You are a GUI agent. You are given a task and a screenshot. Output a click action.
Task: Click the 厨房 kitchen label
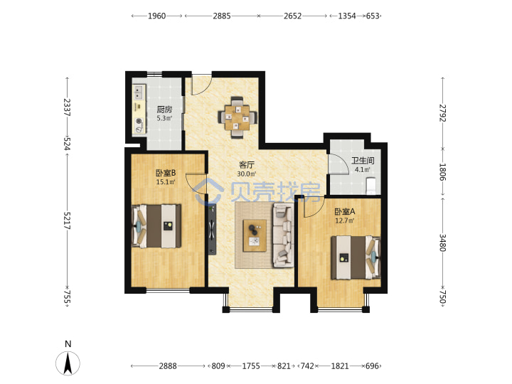(x=164, y=110)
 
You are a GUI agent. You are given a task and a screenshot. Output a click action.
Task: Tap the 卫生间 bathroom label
(x=363, y=161)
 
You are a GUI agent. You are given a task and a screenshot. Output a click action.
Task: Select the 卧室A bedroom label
(x=345, y=212)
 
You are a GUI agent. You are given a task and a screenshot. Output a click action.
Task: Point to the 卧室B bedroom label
(x=166, y=173)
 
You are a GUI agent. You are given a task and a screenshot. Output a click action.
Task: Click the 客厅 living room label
(x=247, y=165)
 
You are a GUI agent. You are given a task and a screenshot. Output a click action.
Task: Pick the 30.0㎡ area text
(x=247, y=174)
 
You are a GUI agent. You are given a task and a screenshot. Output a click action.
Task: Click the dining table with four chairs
(x=238, y=117)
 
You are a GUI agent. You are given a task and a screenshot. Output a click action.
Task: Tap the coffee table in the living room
(x=255, y=235)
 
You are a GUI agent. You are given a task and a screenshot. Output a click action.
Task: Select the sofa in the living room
(x=283, y=235)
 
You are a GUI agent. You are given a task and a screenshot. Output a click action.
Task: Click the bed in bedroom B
(x=156, y=226)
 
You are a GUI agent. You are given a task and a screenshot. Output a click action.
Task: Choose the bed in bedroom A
(x=356, y=257)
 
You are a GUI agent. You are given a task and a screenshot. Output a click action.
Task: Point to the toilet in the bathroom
(x=371, y=186)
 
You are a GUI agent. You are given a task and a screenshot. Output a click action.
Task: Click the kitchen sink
(x=139, y=92)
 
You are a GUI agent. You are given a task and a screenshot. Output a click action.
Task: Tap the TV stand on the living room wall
(x=213, y=229)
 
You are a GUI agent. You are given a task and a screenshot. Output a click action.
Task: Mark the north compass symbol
(x=68, y=363)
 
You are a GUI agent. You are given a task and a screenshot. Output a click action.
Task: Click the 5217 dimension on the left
(x=67, y=220)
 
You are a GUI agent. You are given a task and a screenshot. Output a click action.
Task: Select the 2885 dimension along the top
(x=222, y=16)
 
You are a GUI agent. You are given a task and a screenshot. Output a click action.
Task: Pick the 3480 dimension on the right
(x=442, y=242)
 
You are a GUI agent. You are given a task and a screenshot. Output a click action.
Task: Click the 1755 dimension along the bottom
(x=251, y=366)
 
